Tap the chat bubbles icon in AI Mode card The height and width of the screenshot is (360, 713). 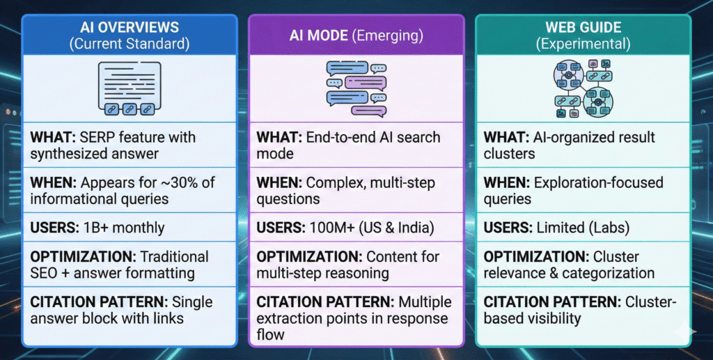356,88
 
